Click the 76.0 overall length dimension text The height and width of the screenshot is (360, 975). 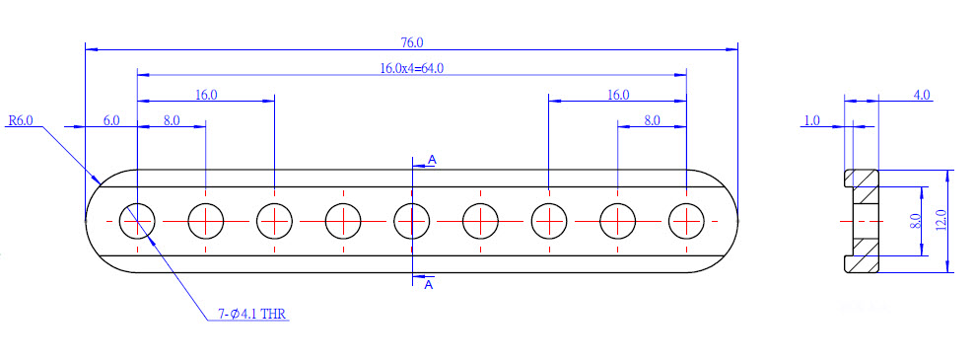point(412,42)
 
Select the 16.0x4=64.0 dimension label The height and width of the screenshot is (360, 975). point(412,68)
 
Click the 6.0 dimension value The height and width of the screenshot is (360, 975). point(111,120)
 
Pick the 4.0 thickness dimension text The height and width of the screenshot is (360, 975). point(922,95)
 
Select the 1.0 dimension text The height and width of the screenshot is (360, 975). point(812,120)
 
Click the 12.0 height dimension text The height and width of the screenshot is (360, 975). point(940,221)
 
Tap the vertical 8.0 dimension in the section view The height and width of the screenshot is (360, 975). point(914,222)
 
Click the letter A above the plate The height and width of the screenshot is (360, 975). point(432,160)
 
